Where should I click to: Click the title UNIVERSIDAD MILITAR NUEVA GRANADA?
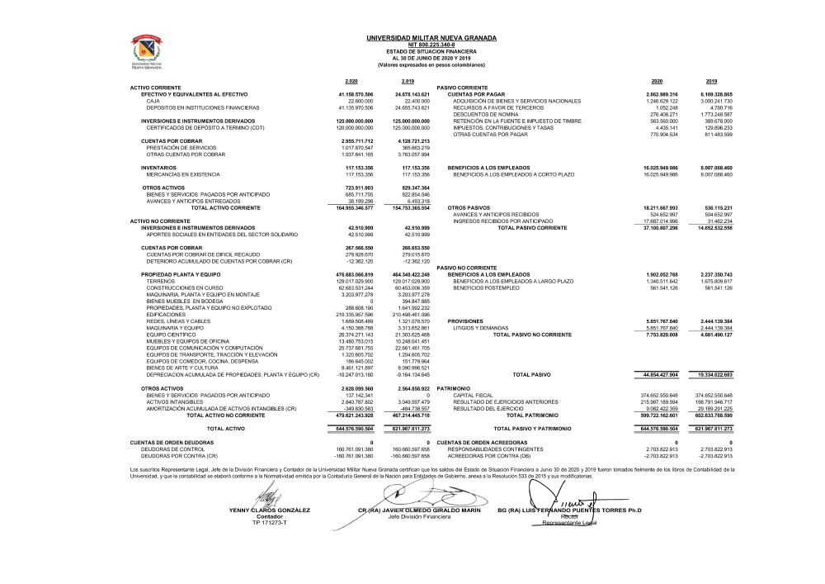click(x=431, y=38)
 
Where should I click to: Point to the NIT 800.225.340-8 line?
click(x=431, y=45)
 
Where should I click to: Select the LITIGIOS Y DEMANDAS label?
click(x=482, y=328)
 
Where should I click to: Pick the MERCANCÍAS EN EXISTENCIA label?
click(x=183, y=174)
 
